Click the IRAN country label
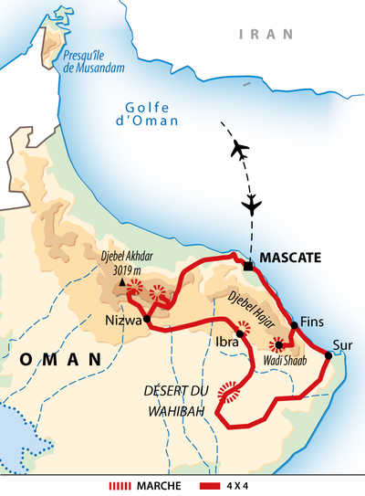click(266, 34)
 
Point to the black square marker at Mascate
click(248, 266)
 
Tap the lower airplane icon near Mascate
click(252, 202)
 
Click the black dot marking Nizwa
click(146, 319)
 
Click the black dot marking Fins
click(294, 324)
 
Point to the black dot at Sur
click(328, 354)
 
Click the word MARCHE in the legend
click(160, 485)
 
